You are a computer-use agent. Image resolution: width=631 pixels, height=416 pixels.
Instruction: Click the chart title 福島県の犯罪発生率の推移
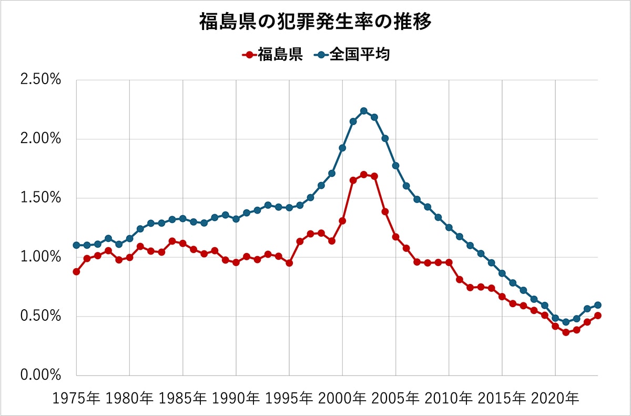click(315, 22)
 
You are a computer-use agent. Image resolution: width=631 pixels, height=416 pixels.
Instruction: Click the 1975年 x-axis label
click(77, 399)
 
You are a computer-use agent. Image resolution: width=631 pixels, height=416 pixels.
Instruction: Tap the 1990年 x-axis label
click(236, 399)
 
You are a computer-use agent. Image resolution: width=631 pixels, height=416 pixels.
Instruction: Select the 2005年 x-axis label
click(396, 399)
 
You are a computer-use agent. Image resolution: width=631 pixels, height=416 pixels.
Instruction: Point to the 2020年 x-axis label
click(555, 399)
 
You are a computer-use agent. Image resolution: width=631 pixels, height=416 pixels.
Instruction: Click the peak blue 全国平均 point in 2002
click(364, 111)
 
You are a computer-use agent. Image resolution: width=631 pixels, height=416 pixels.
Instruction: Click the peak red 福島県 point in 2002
click(364, 174)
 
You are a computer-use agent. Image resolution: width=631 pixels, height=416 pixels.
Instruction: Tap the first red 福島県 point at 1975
click(76, 272)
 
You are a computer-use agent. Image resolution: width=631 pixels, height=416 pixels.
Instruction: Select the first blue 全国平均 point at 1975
click(76, 245)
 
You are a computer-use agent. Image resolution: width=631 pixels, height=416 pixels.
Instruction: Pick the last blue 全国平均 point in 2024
click(598, 305)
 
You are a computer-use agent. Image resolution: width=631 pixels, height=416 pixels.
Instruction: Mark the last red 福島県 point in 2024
click(598, 316)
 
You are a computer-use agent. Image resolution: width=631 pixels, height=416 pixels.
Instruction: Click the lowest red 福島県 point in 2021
click(566, 332)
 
